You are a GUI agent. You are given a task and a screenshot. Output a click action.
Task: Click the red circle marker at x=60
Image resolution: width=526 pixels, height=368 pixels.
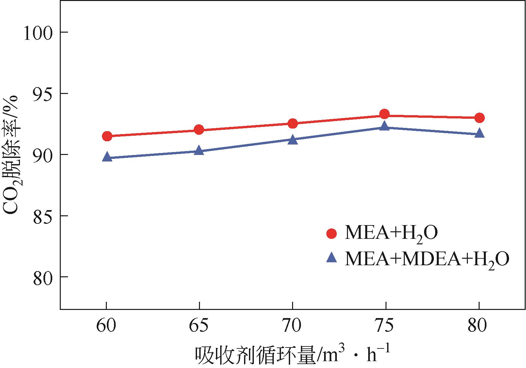pos(107,136)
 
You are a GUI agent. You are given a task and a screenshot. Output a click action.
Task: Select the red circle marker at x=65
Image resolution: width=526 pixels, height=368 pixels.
pos(199,130)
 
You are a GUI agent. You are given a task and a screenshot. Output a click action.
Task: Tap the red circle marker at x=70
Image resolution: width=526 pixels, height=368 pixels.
pos(293,124)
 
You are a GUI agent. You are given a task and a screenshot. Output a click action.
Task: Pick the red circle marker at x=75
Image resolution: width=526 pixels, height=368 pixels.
pos(385,114)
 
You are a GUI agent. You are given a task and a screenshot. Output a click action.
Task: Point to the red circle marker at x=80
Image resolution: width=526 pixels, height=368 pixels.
pos(479,118)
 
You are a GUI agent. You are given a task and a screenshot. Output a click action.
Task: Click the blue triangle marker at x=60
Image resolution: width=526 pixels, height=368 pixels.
pos(107,157)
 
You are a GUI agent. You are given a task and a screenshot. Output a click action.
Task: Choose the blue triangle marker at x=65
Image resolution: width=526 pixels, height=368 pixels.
pos(199,150)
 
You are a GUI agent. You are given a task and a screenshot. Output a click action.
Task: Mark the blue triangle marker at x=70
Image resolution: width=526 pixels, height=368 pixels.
pos(293,140)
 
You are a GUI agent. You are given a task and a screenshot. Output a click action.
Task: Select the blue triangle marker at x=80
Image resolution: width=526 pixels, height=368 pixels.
pos(479,133)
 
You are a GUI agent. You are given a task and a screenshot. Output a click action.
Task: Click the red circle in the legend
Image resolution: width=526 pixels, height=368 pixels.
pos(332,234)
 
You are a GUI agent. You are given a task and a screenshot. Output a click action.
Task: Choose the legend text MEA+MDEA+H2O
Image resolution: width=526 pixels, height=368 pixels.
pos(427,260)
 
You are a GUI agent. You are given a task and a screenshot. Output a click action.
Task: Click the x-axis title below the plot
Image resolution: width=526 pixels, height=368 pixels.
pos(292,355)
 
